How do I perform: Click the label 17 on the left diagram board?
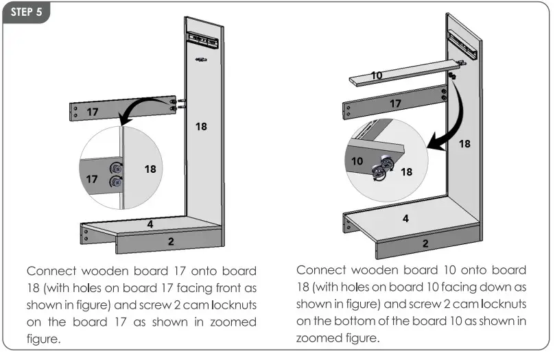93,110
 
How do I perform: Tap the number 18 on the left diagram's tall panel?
202,127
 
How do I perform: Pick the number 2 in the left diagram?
171,241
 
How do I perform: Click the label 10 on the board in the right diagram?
377,75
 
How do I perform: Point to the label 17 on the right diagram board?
394,104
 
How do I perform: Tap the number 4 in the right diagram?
405,219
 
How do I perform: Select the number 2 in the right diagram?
425,243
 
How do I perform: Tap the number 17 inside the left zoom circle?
91,179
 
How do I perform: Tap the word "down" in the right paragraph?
492,287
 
